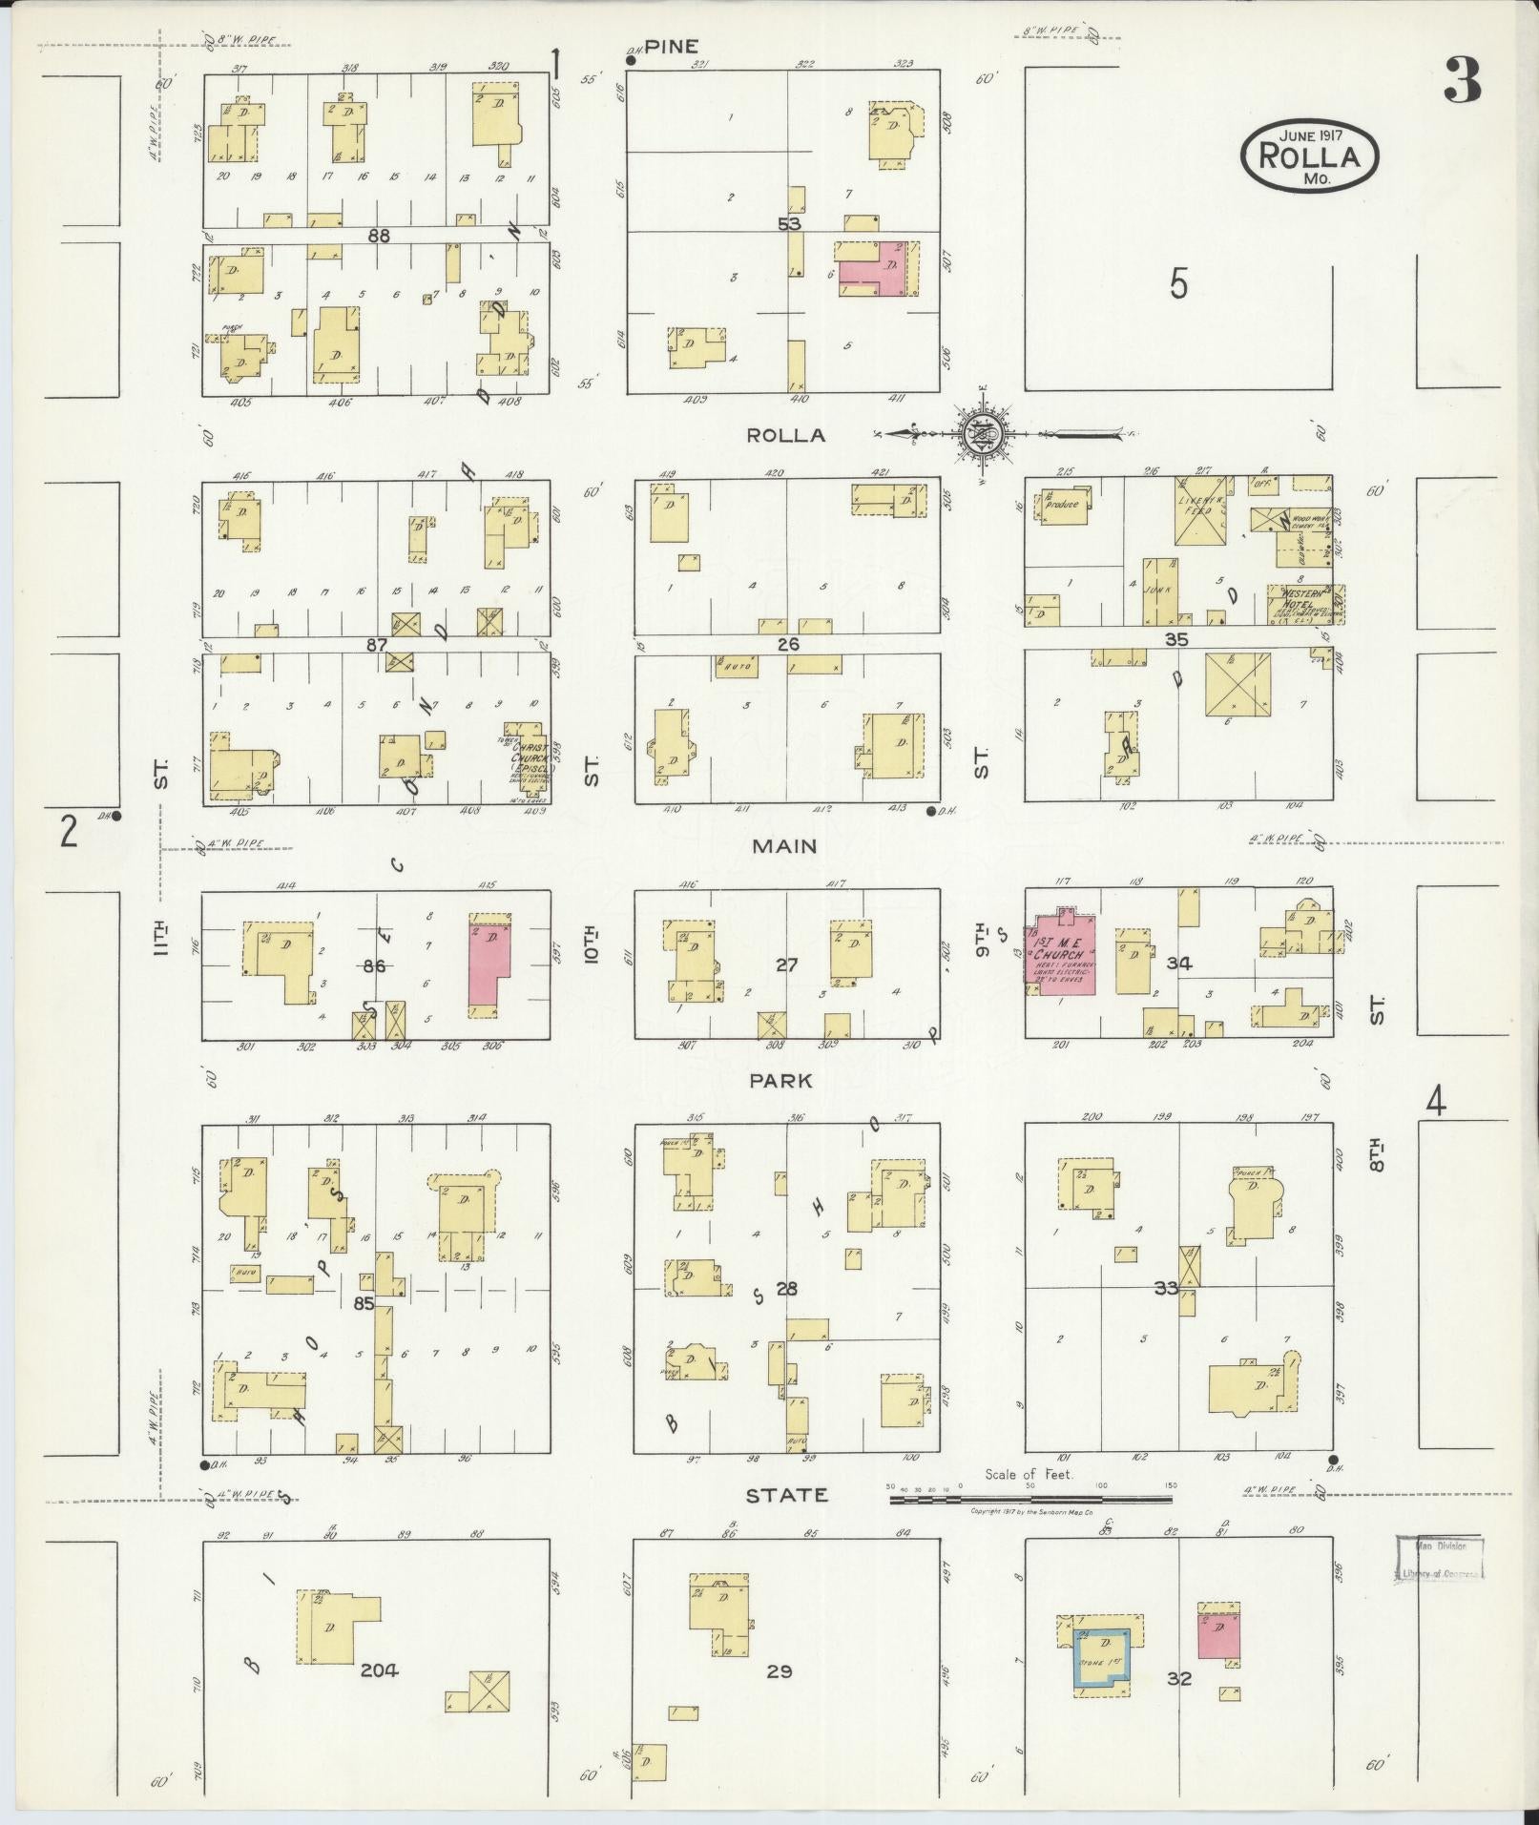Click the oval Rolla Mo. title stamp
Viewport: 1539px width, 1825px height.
[x=1309, y=156]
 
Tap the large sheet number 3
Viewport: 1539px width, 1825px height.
[x=1461, y=80]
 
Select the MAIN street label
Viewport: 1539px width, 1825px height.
[x=785, y=845]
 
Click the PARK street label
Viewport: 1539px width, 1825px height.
[x=780, y=1080]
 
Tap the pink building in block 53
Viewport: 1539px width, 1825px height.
[x=876, y=267]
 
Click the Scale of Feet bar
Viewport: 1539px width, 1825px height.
[x=1030, y=1525]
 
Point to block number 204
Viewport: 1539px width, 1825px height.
[x=379, y=1669]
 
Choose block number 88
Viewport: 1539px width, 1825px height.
[x=379, y=235]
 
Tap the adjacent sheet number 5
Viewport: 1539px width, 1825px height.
[x=1179, y=283]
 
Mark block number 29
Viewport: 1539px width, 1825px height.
[x=780, y=1670]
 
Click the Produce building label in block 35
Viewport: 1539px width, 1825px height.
[x=1061, y=504]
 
